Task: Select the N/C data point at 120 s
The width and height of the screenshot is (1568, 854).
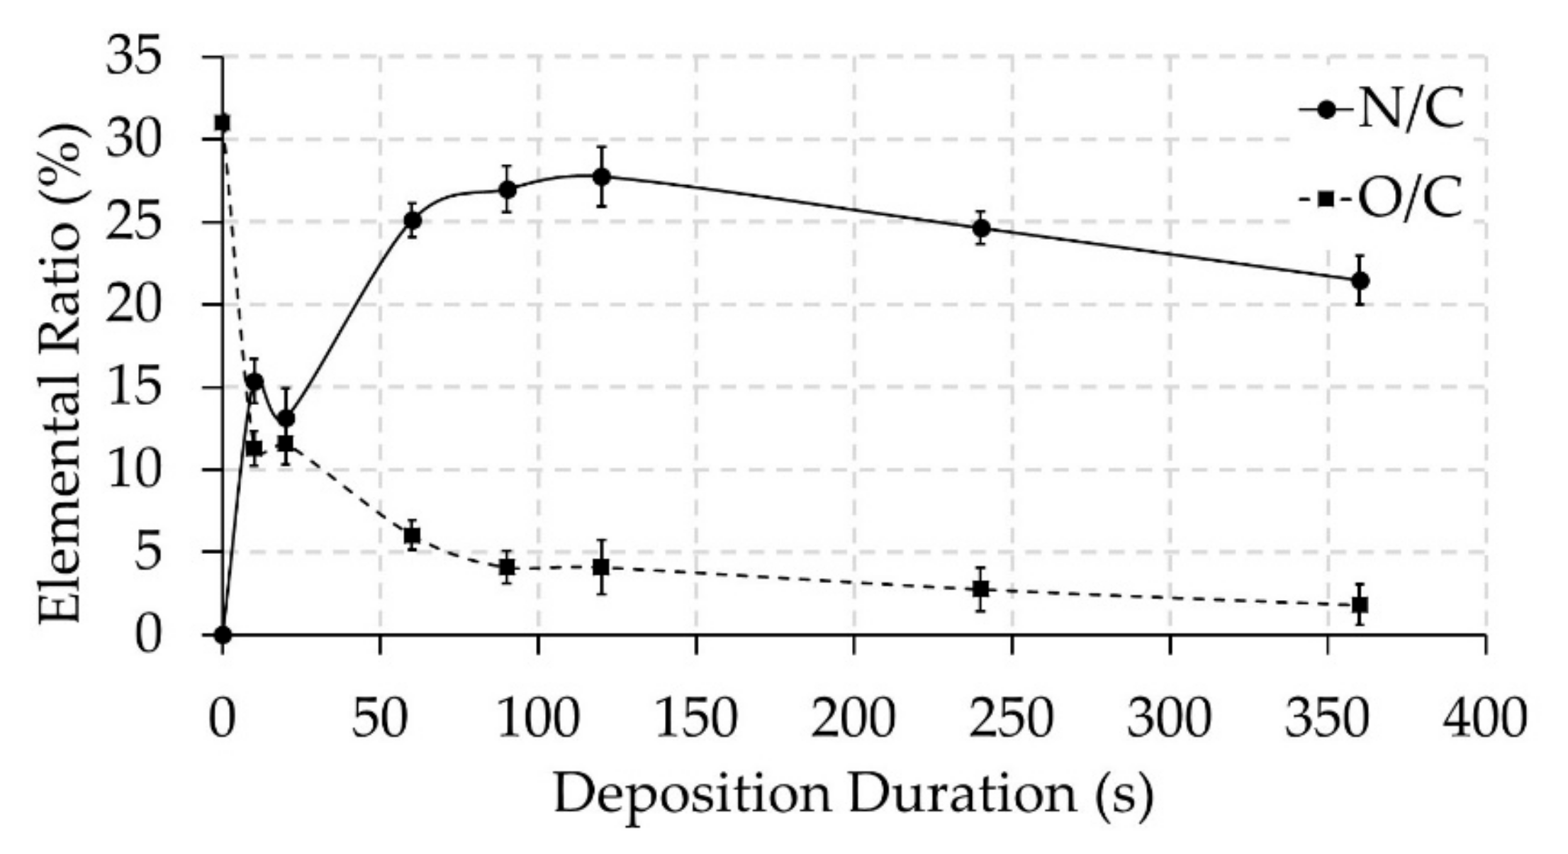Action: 602,177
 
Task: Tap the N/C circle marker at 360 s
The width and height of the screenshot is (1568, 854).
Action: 1360,280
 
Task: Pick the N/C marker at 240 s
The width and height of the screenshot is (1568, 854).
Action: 981,228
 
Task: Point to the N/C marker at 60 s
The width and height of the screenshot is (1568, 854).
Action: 412,220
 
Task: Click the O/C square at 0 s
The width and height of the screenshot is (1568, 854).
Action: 223,123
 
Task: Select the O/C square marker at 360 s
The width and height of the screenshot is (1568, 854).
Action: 1360,605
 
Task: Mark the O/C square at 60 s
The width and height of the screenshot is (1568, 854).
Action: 412,536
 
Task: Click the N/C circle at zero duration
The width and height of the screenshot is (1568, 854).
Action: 223,634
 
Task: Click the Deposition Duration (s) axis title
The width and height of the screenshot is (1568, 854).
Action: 853,796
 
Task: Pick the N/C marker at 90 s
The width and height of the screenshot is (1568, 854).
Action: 507,189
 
